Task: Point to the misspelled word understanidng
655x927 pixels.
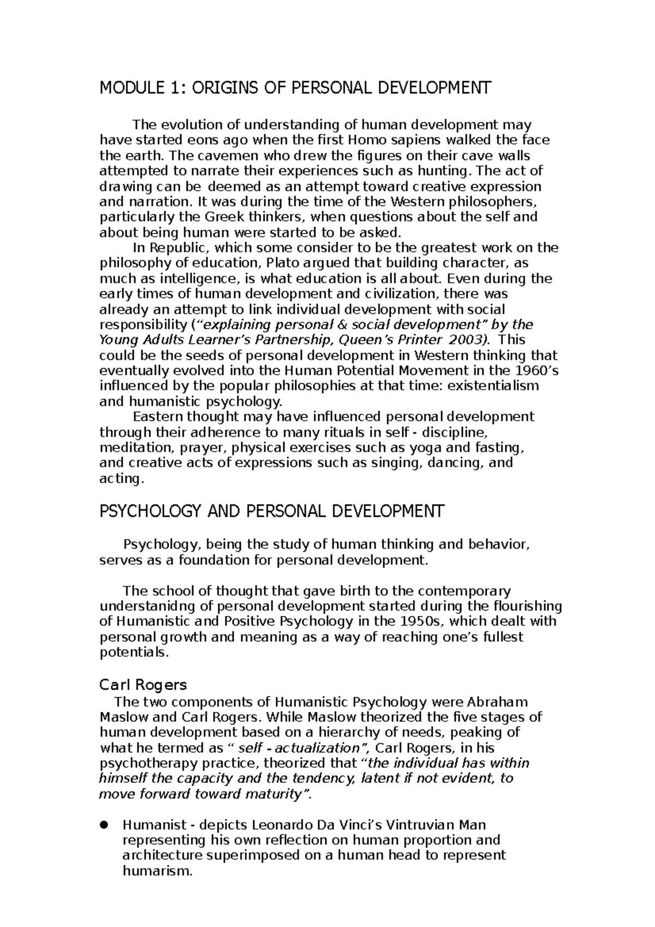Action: (x=149, y=606)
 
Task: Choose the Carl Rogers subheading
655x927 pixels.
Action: (x=143, y=685)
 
